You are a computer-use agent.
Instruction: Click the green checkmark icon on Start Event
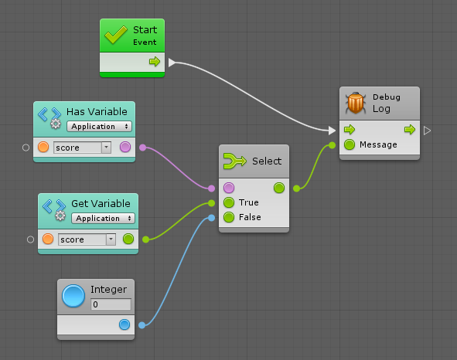pyautogui.click(x=116, y=35)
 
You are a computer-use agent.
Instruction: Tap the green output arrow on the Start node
pyautogui.click(x=155, y=62)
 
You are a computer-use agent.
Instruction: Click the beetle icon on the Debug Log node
pyautogui.click(x=356, y=103)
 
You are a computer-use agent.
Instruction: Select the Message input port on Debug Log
pyautogui.click(x=350, y=144)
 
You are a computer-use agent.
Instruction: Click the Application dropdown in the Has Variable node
pyautogui.click(x=99, y=127)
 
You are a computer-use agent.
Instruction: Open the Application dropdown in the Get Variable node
pyautogui.click(x=103, y=218)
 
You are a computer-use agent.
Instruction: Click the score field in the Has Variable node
pyautogui.click(x=82, y=148)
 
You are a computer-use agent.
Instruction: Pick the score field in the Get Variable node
pyautogui.click(x=87, y=239)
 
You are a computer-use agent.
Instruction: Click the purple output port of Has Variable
pyautogui.click(x=125, y=147)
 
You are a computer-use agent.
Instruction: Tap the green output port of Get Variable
pyautogui.click(x=128, y=239)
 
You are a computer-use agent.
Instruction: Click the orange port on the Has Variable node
pyautogui.click(x=43, y=147)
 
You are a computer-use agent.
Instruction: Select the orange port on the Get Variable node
pyautogui.click(x=48, y=239)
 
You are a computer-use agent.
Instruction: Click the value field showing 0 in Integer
pyautogui.click(x=111, y=304)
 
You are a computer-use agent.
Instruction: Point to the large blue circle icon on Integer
pyautogui.click(x=73, y=296)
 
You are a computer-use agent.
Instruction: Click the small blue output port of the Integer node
pyautogui.click(x=124, y=324)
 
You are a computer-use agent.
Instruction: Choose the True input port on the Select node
pyautogui.click(x=229, y=202)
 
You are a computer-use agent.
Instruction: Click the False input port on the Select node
pyautogui.click(x=229, y=217)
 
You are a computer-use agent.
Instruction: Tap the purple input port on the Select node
pyautogui.click(x=229, y=188)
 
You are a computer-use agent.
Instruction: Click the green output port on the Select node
pyautogui.click(x=279, y=188)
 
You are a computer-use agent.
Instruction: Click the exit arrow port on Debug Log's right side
pyautogui.click(x=427, y=131)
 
